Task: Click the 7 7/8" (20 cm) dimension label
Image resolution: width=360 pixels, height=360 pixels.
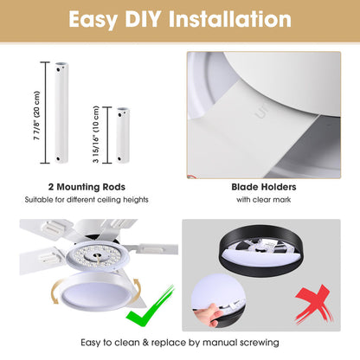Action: [x=35, y=113]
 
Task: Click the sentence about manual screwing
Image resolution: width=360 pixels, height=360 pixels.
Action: [x=179, y=343]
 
